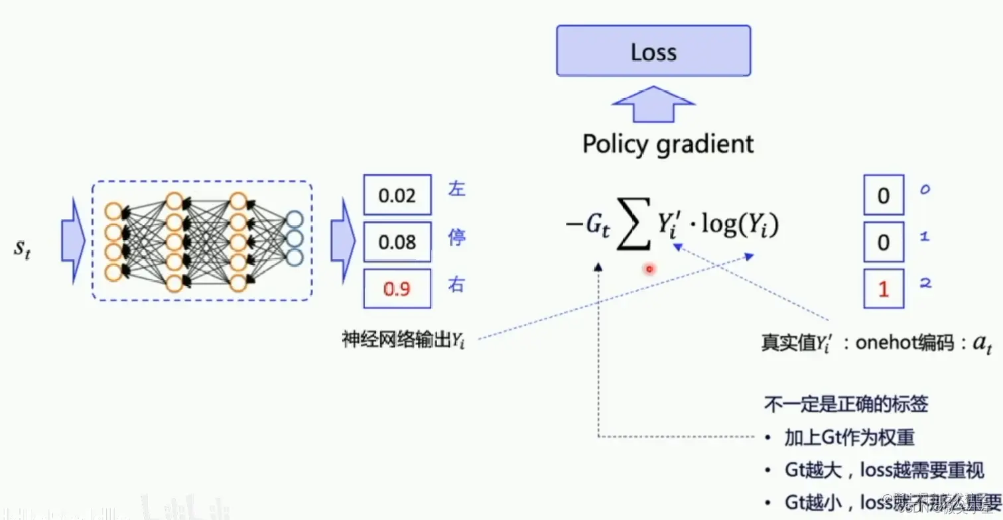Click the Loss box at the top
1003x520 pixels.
(653, 51)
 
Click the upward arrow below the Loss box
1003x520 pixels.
(653, 105)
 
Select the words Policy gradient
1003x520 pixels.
(667, 144)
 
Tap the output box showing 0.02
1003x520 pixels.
(397, 196)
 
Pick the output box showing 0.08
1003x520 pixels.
(397, 242)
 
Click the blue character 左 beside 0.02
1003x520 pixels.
(457, 189)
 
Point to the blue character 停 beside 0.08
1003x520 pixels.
(457, 238)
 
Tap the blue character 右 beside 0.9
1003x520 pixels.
(457, 285)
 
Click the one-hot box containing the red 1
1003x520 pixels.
(883, 289)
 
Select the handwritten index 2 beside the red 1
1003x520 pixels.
(925, 283)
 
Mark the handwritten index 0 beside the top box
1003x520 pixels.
(925, 190)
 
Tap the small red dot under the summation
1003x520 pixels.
(649, 269)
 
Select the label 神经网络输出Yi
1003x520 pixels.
(403, 340)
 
